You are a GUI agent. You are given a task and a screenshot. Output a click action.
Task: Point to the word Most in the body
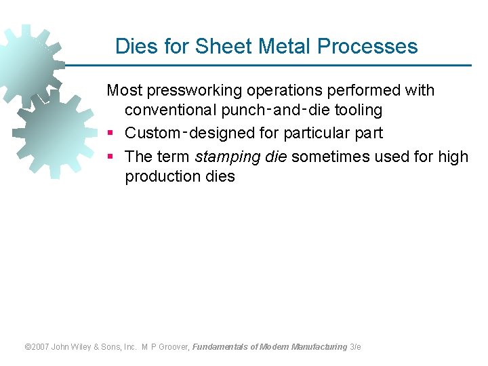point(123,90)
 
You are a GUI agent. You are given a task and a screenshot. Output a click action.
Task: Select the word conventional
point(171,110)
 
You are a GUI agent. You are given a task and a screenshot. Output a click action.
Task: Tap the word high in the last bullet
point(453,157)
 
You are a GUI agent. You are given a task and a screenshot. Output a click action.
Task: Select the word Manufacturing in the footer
point(319,347)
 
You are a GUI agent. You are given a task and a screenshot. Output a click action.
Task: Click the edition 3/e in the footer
point(356,347)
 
